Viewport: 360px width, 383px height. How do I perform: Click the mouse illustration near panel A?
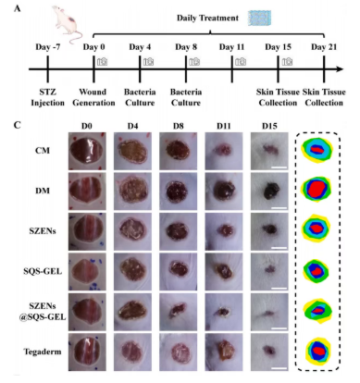click(x=67, y=24)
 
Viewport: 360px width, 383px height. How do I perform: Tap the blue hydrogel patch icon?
click(x=260, y=19)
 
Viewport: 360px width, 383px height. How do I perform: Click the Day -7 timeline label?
click(x=48, y=47)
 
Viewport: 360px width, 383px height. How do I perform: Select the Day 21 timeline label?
click(x=324, y=47)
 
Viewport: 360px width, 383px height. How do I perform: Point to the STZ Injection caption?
click(x=48, y=97)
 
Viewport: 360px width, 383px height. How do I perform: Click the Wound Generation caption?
click(x=93, y=97)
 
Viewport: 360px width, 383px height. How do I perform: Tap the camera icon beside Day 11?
click(x=241, y=62)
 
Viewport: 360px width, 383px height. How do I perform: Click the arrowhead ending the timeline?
click(x=340, y=69)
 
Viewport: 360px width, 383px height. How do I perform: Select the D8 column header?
click(x=178, y=126)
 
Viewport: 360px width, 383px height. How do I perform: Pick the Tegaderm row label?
click(x=43, y=352)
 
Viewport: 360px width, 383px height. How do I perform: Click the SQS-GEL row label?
click(x=43, y=271)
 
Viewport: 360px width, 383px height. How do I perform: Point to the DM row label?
click(x=43, y=191)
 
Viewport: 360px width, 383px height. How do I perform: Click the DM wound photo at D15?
click(x=269, y=191)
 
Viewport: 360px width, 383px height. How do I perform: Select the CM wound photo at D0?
click(x=87, y=151)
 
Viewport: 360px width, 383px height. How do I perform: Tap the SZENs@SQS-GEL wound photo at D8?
click(x=178, y=312)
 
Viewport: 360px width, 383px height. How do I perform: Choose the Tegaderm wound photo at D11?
click(x=224, y=352)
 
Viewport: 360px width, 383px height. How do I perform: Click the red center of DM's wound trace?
click(x=317, y=188)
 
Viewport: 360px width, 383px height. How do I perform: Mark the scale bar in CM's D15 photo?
click(x=279, y=167)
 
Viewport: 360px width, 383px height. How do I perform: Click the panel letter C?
click(x=18, y=125)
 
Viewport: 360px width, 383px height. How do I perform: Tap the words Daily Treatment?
click(x=207, y=19)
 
